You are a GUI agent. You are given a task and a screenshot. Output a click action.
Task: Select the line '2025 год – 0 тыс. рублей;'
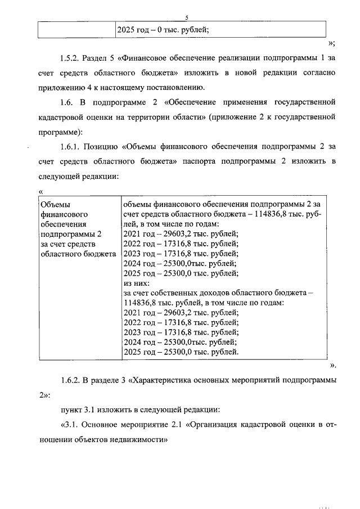tap(163, 30)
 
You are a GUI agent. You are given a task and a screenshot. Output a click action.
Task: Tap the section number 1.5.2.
tap(69, 58)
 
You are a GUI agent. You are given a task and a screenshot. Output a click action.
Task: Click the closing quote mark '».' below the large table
tap(332, 366)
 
